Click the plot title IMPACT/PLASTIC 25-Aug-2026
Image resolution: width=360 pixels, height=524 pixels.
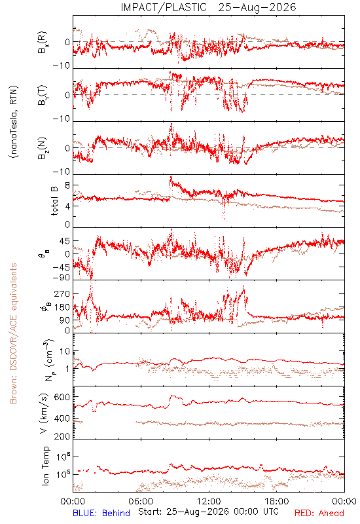tap(208, 7)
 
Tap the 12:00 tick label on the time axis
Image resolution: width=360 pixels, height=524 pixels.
tap(209, 501)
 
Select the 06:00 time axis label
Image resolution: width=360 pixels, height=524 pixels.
tap(141, 501)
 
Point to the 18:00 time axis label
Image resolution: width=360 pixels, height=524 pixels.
tap(277, 501)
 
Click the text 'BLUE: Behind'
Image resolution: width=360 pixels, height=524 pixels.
tap(101, 513)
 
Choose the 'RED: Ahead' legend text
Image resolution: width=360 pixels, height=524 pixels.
tap(319, 513)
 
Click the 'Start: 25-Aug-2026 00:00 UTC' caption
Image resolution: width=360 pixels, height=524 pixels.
tap(208, 512)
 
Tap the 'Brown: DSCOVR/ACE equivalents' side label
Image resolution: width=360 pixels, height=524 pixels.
tap(13, 333)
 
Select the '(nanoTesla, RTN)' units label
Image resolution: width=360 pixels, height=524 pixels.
tap(14, 122)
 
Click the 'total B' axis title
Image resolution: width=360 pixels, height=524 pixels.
tap(54, 201)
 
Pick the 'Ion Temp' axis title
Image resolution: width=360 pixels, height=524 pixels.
tap(45, 466)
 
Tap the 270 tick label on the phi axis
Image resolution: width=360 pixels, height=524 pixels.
tap(62, 293)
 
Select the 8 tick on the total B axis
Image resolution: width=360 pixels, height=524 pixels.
tap(67, 186)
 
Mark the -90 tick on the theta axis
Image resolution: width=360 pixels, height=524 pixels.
tap(61, 278)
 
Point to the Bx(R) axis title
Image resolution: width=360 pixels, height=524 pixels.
tap(43, 42)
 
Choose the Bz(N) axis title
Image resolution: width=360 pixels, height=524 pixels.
tap(43, 148)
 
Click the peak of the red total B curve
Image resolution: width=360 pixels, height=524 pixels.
tap(171, 176)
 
